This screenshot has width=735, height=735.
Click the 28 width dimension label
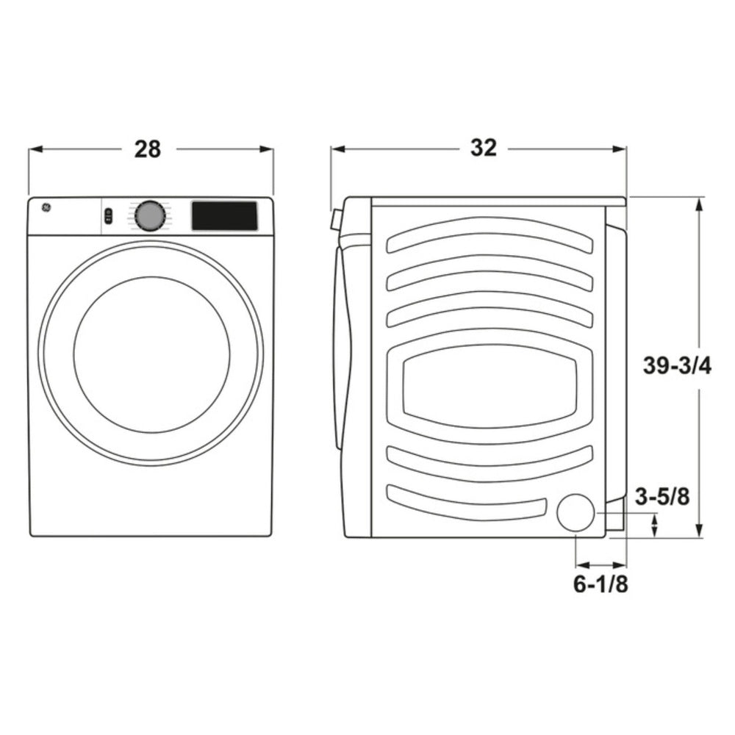coord(147,148)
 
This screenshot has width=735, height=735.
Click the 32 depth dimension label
coord(484,148)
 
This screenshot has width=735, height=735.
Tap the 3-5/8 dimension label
coord(662,498)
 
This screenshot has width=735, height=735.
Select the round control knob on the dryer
coord(149,216)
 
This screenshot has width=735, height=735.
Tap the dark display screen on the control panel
coord(224,216)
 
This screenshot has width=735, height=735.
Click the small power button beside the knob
coord(109,216)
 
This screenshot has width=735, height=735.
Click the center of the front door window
coord(151,354)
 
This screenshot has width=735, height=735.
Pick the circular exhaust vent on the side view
coord(576,512)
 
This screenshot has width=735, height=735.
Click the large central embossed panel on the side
coord(489,386)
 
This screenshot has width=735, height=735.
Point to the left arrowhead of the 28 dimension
coord(33,149)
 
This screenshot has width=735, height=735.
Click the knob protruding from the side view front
coord(336,220)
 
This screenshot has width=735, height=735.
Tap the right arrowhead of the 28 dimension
coord(268,149)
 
